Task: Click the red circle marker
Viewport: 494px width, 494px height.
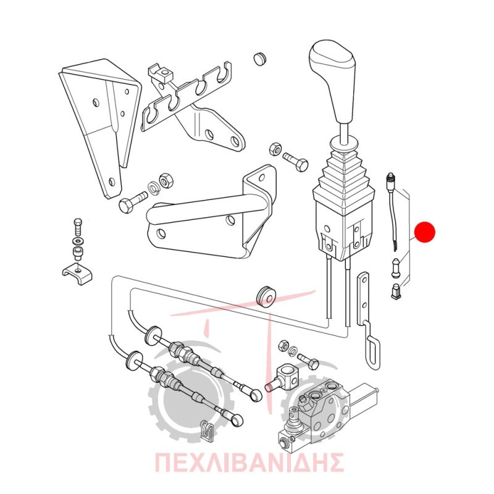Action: click(425, 232)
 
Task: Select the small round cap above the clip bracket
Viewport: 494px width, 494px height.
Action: click(259, 59)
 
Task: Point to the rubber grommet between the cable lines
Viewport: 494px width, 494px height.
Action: click(264, 296)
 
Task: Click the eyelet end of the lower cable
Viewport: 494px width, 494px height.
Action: click(236, 420)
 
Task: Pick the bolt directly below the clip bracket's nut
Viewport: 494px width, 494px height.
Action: click(295, 161)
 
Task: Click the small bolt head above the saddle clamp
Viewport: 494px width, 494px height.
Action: click(78, 224)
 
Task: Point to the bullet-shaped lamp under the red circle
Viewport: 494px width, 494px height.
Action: click(396, 268)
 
